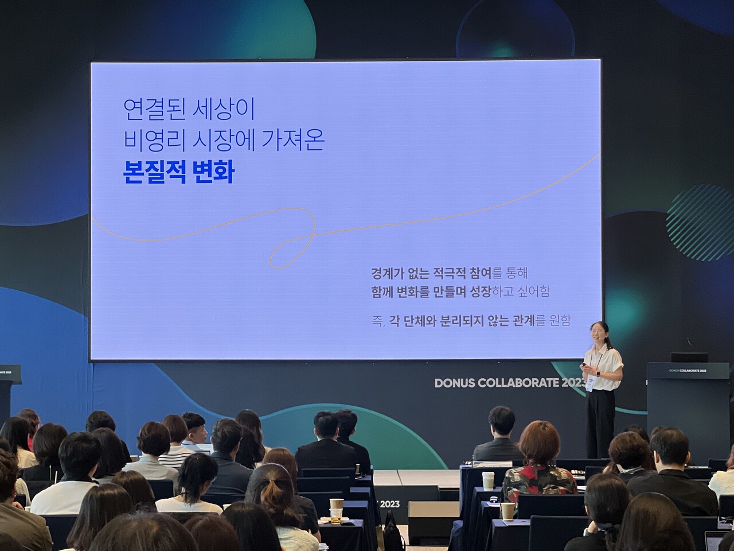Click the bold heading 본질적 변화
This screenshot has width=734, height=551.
(x=179, y=171)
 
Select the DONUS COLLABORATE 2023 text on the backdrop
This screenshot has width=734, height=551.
(x=510, y=383)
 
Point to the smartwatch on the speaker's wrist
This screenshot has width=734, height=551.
(x=598, y=373)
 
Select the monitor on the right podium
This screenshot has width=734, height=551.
(x=689, y=358)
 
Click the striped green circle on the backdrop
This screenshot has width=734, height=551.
(x=700, y=223)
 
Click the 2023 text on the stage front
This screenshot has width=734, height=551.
(x=390, y=504)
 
